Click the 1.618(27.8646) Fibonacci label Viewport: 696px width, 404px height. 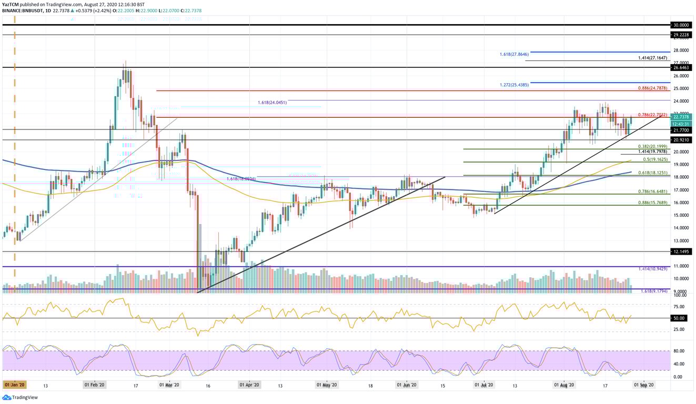coord(514,54)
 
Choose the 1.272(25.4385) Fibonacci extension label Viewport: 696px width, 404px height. coord(514,85)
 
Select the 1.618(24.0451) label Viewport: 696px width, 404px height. coord(272,103)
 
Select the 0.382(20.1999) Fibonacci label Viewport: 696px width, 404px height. coord(653,146)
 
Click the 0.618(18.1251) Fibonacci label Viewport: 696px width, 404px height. coord(653,172)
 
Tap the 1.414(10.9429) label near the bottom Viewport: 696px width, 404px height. coord(653,269)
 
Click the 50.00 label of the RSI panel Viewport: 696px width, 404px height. coord(679,318)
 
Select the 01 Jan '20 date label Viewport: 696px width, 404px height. coord(14,385)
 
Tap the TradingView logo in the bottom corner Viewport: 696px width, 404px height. coord(16,398)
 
